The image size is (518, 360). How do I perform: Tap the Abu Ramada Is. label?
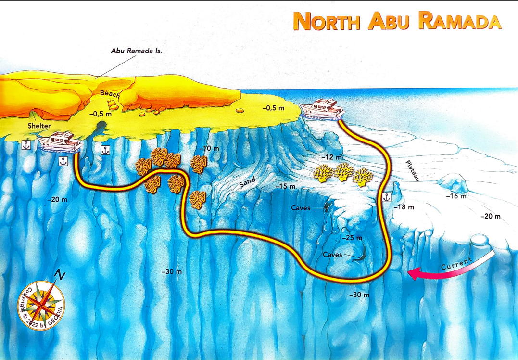point(136,50)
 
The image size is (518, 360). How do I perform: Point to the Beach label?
point(110,94)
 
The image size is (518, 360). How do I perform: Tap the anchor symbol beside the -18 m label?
point(386,197)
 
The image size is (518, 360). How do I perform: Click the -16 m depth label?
point(456,196)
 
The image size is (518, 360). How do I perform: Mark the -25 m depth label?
point(352,238)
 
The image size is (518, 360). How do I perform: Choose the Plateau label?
point(413,170)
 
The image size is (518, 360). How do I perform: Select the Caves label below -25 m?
point(332,254)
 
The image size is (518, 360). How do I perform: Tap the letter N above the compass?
point(60,275)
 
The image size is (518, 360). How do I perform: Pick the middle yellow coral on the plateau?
point(343,172)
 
